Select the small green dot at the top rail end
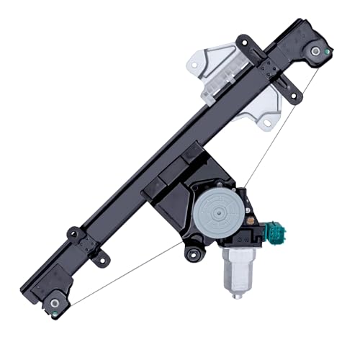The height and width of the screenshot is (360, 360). [x=328, y=53]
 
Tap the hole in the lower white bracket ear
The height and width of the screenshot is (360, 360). [x=266, y=124]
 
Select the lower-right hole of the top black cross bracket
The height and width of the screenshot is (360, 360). [x=293, y=93]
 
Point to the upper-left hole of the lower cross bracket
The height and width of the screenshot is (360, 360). [x=73, y=234]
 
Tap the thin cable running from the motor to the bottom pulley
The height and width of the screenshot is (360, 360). [x=122, y=273]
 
